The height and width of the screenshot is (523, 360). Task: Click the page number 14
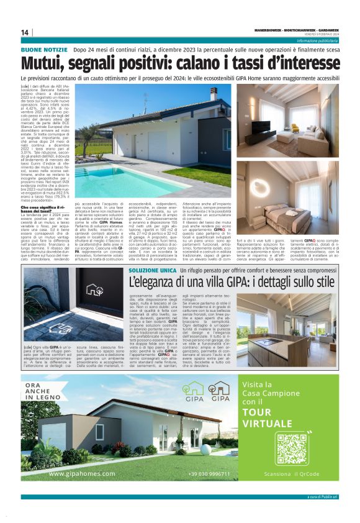click(x=25, y=32)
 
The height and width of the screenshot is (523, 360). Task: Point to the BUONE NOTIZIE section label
click(x=44, y=48)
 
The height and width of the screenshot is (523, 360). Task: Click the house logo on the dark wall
click(x=95, y=290)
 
